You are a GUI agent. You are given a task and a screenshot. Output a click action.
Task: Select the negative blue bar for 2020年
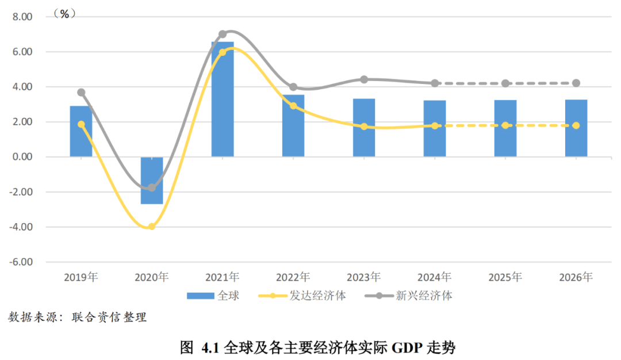152,180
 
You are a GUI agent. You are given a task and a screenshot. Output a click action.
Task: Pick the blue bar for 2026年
576,128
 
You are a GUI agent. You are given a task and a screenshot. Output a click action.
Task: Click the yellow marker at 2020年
152,227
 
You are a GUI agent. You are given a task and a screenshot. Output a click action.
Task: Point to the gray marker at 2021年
223,34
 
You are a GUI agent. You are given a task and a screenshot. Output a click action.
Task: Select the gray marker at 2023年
364,79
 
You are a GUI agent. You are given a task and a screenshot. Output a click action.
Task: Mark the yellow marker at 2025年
505,125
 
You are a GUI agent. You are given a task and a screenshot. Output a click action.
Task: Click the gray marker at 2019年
81,92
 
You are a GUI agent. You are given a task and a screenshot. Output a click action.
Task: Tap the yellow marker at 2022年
293,106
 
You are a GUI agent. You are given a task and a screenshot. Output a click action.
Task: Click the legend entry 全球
213,296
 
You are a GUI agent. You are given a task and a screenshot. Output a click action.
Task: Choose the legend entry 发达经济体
308,296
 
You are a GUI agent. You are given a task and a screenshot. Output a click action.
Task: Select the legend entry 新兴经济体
409,296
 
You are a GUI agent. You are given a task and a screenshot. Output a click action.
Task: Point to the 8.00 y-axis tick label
24,17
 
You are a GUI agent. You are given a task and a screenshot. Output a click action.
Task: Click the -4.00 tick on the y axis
22,227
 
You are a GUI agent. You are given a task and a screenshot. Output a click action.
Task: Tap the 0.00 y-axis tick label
24,157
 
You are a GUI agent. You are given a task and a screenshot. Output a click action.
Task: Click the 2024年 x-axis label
434,277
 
